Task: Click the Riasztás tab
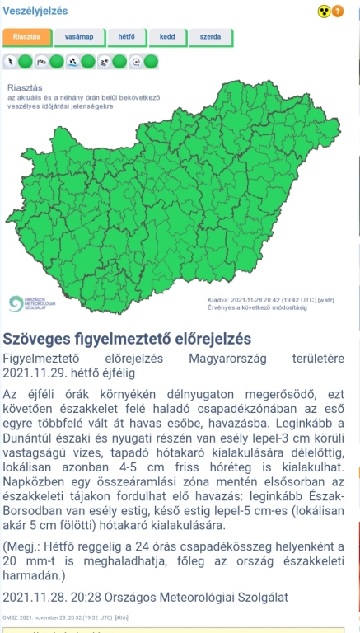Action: [x=26, y=37]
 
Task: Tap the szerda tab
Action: [x=210, y=37]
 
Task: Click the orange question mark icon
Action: [x=337, y=12]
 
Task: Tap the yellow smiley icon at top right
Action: [x=323, y=12]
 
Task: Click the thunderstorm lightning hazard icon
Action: [x=10, y=61]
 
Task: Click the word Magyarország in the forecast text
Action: [x=231, y=359]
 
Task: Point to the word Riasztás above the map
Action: [x=23, y=87]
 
